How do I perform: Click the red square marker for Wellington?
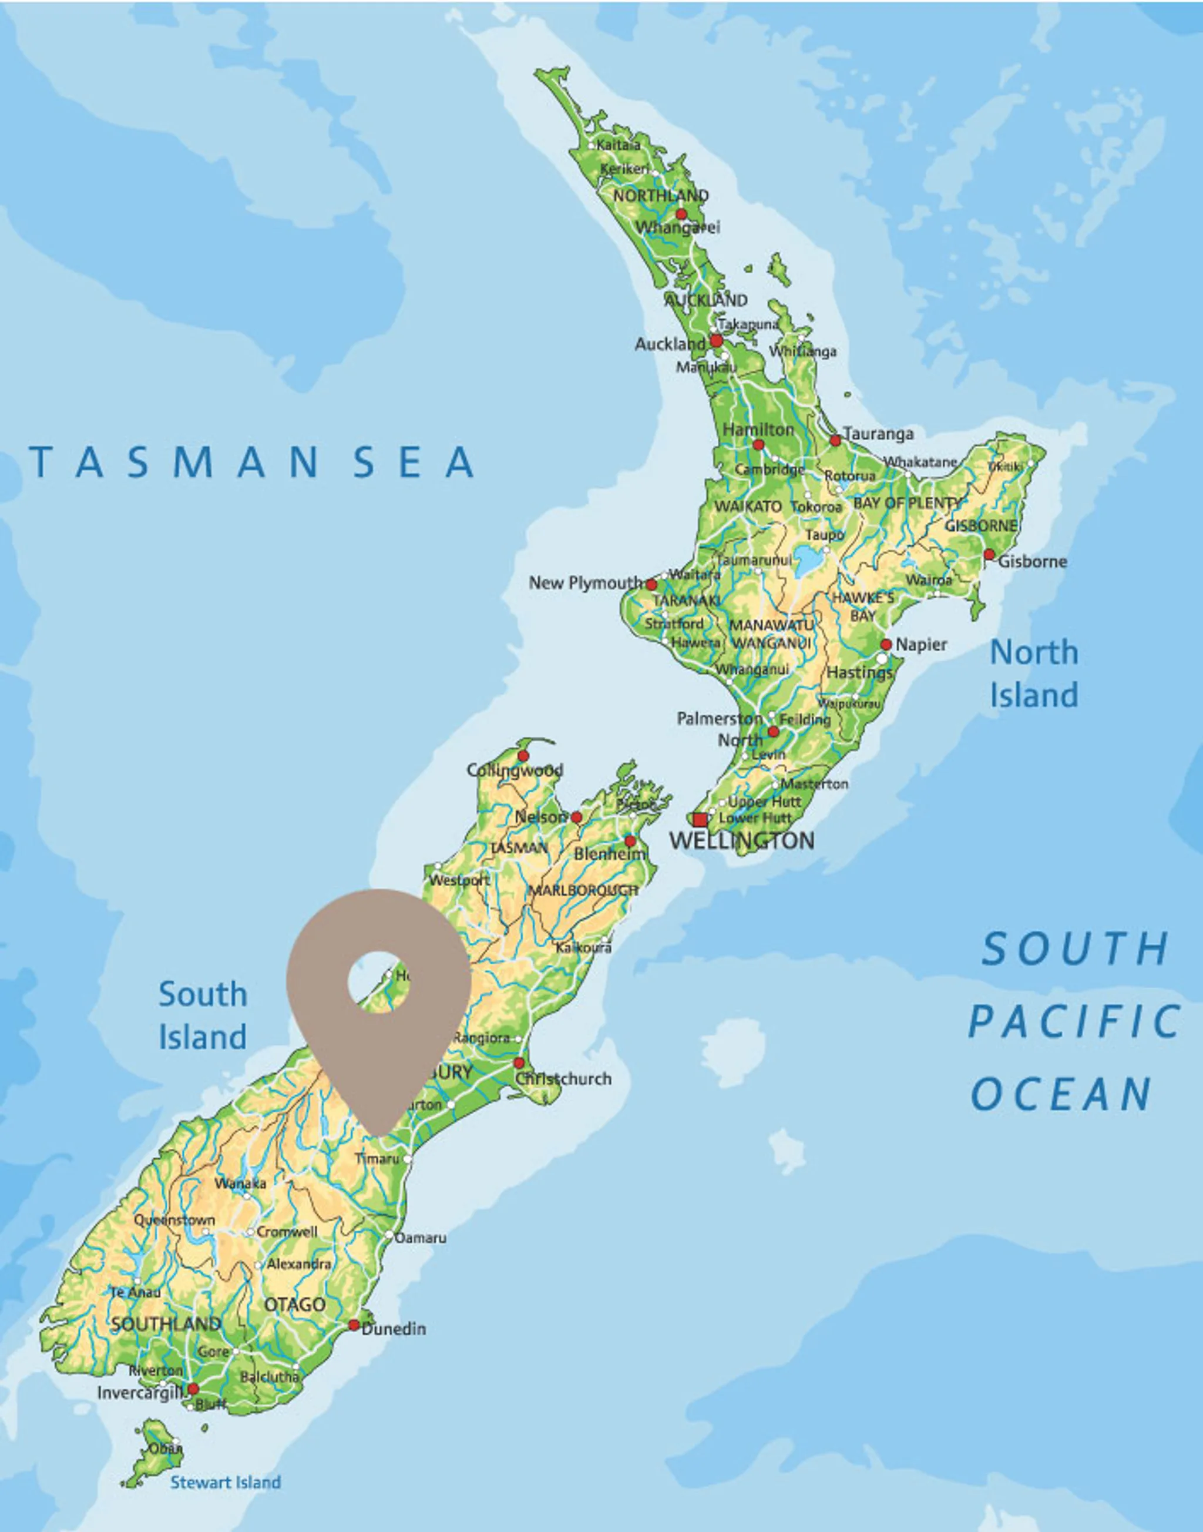coord(700,820)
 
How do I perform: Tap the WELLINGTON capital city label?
coord(742,840)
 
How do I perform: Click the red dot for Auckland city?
coord(716,341)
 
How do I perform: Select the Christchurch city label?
coord(563,1079)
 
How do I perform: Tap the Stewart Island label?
coord(226,1483)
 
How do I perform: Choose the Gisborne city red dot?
coord(989,555)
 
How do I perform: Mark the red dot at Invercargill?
coord(193,1388)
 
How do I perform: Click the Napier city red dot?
coord(886,644)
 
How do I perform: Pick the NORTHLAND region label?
coord(661,195)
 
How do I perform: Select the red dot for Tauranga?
coord(835,440)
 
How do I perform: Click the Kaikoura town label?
coord(583,948)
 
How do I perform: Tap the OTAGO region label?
coord(294,1305)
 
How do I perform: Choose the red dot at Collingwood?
coord(523,756)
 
